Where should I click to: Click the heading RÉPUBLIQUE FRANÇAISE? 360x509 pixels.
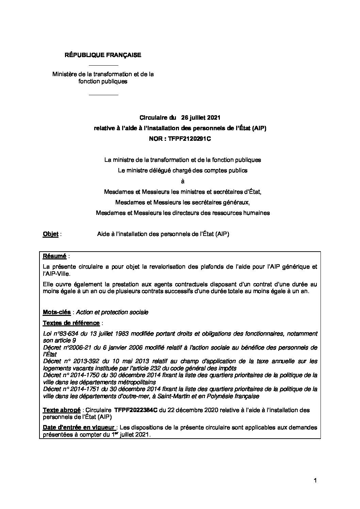click(103, 55)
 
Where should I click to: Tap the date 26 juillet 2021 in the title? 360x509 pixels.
click(201, 118)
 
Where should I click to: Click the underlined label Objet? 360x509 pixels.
click(50, 234)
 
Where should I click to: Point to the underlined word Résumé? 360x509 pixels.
click(54, 256)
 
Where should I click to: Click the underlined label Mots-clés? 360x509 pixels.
click(57, 312)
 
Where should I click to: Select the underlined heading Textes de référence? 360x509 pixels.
click(71, 323)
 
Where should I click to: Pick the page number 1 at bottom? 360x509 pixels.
click(315, 480)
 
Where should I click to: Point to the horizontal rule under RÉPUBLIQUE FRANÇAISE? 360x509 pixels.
click(103, 65)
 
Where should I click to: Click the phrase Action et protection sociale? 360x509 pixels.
click(112, 312)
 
